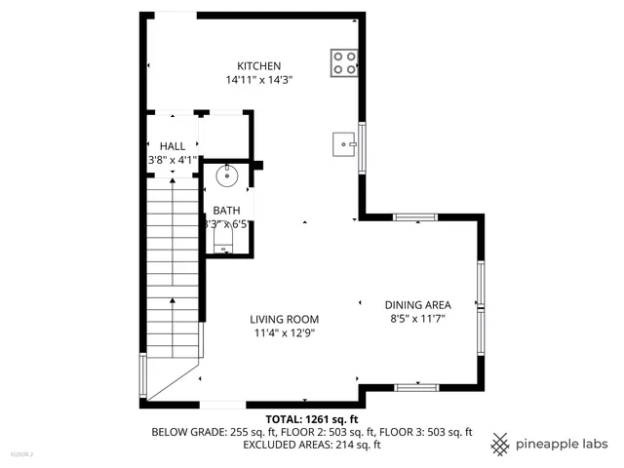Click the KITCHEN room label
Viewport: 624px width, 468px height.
[253, 65]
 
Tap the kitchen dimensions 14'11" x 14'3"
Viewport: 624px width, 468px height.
[253, 80]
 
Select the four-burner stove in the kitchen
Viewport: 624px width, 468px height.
[343, 62]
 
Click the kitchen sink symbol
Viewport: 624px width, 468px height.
[344, 144]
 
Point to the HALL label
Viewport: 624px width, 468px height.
[173, 146]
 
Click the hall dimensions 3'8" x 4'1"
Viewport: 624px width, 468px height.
[173, 160]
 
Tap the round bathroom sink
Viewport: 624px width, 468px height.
[227, 176]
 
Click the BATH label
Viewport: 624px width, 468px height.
[226, 211]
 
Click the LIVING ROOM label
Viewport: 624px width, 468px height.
[284, 319]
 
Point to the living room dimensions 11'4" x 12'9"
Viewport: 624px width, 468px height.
[284, 333]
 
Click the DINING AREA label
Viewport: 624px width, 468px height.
[417, 304]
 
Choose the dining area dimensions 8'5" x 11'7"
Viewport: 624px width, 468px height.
[417, 319]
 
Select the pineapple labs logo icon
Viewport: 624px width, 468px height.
[500, 444]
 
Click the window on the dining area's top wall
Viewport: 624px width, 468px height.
[414, 217]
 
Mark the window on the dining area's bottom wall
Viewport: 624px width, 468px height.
[416, 387]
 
